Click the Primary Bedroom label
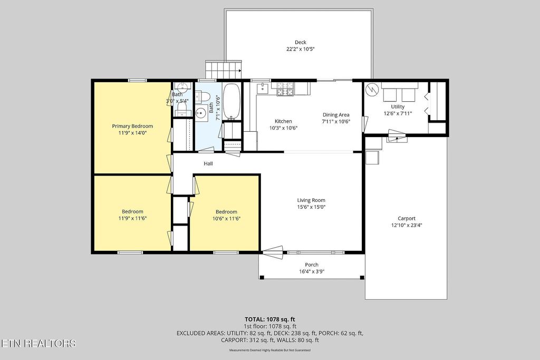click(x=132, y=127)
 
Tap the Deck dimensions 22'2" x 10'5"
click(x=300, y=49)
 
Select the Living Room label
click(x=311, y=200)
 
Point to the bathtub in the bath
click(x=231, y=102)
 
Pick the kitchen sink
click(x=263, y=88)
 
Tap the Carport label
click(x=407, y=219)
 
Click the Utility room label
click(x=398, y=106)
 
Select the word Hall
click(x=208, y=164)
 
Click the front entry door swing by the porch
click(x=273, y=252)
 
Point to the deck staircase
click(x=224, y=70)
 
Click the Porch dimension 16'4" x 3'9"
click(x=312, y=271)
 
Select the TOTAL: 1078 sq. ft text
click(x=270, y=319)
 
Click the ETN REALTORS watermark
click(x=38, y=344)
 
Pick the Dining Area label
click(x=336, y=115)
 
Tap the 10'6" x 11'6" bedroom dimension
click(x=226, y=219)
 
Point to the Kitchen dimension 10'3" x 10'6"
click(x=283, y=128)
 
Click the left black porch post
click(x=262, y=277)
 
